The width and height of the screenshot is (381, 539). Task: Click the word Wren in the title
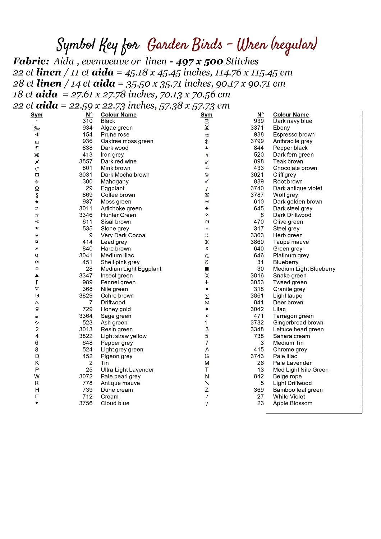(x=252, y=45)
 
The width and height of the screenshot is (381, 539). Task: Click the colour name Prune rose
(x=115, y=134)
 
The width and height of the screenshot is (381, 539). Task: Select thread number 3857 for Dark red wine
(x=86, y=161)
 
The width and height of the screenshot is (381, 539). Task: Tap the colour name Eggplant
(x=113, y=188)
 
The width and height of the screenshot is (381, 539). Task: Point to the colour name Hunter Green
(x=118, y=215)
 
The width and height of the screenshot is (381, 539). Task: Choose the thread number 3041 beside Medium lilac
(x=86, y=255)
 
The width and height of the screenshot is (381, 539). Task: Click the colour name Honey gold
(x=116, y=309)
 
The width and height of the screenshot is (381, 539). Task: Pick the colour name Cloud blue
(x=115, y=403)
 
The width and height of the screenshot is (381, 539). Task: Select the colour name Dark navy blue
(x=293, y=121)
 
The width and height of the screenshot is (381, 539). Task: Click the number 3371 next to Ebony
(x=257, y=128)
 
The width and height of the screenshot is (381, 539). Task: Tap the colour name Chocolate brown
(x=295, y=168)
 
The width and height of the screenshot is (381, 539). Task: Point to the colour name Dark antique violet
(x=298, y=188)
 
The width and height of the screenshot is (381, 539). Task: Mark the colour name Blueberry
(x=286, y=262)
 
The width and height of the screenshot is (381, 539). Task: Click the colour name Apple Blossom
(x=293, y=403)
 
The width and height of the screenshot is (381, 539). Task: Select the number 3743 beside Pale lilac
(x=257, y=356)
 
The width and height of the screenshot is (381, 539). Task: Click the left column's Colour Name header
(x=119, y=115)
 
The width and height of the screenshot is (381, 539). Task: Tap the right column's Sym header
(x=206, y=115)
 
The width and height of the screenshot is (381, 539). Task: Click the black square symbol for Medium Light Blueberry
(x=207, y=269)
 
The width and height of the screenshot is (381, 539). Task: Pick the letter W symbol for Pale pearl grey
(x=37, y=376)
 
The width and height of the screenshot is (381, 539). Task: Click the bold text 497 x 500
(x=199, y=61)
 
